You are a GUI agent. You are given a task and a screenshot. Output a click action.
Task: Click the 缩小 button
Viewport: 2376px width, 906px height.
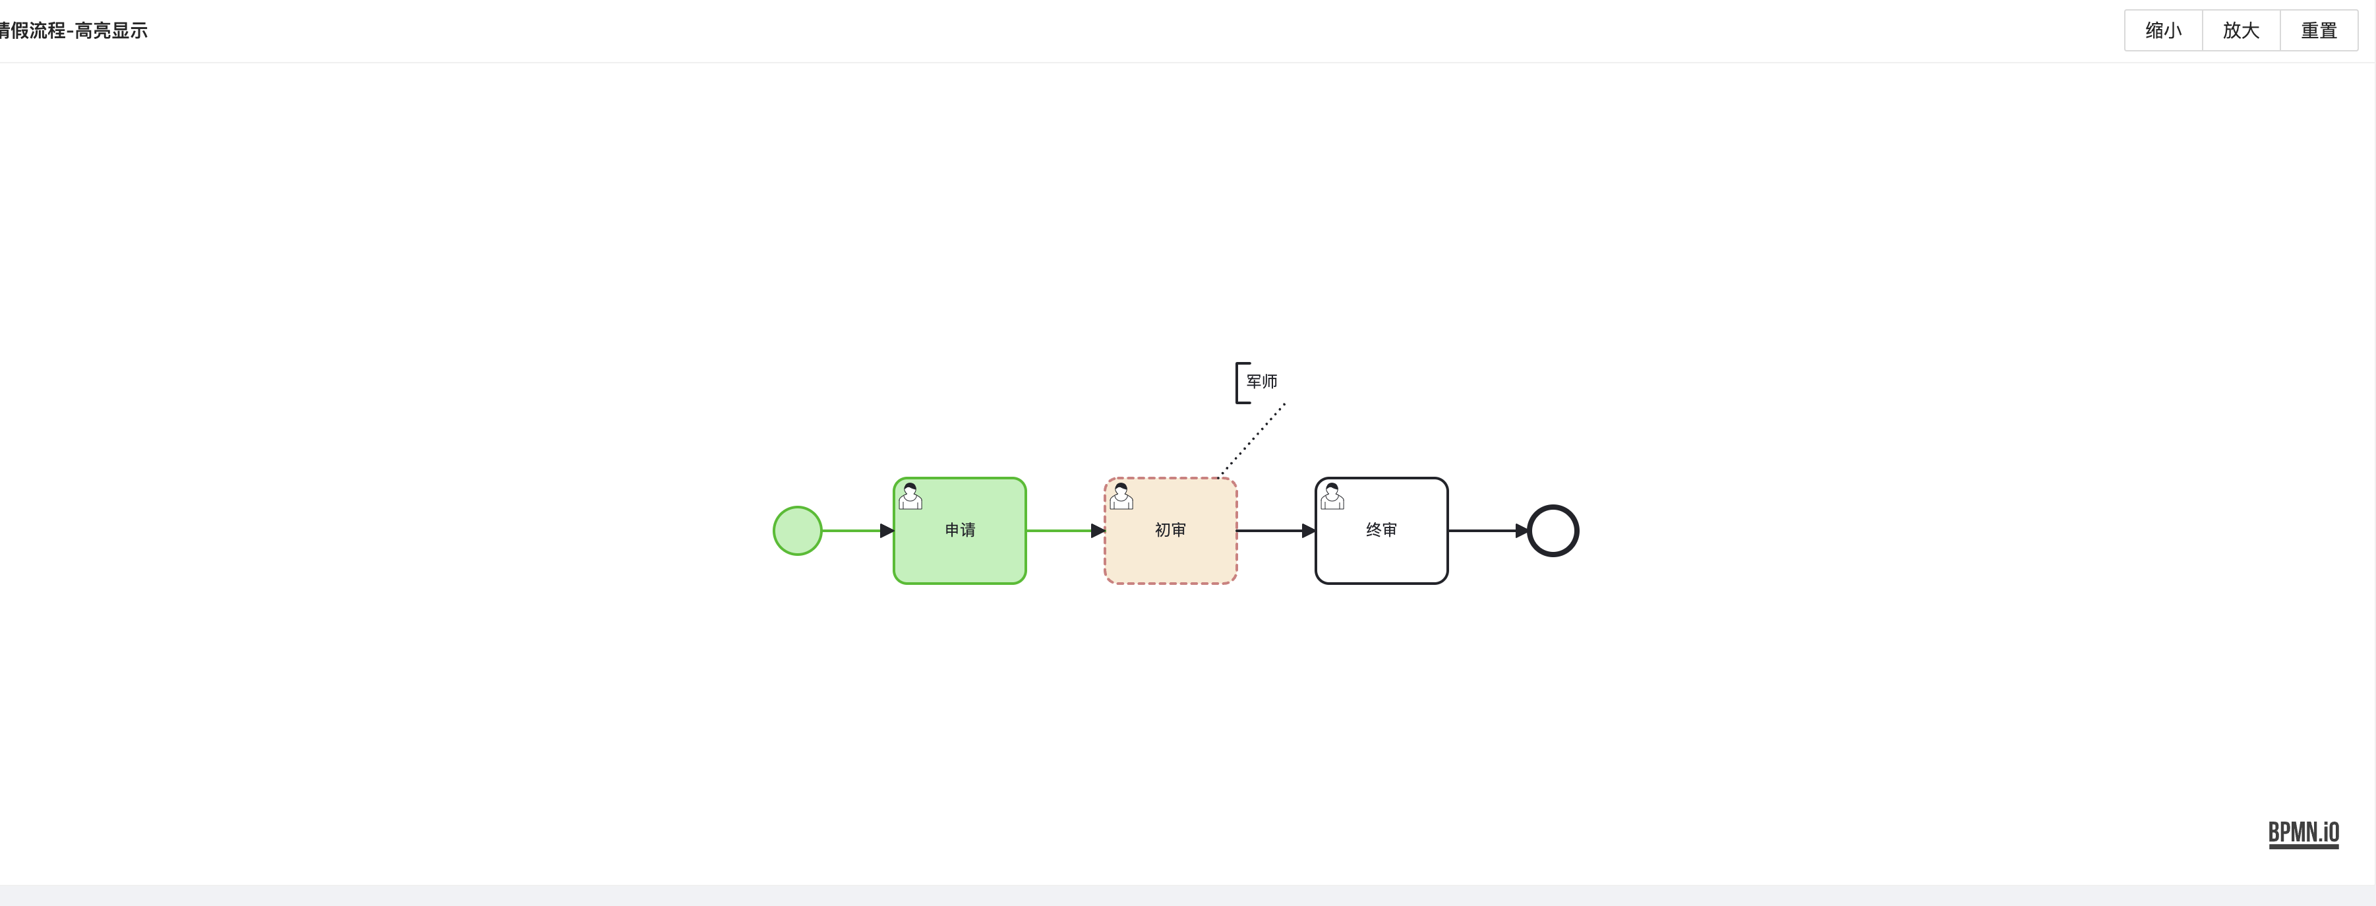pyautogui.click(x=2163, y=30)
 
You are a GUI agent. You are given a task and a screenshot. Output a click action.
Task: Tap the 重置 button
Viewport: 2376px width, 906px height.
pyautogui.click(x=2318, y=30)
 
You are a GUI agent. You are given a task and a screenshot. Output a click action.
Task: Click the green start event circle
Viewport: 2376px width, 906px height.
pyautogui.click(x=797, y=531)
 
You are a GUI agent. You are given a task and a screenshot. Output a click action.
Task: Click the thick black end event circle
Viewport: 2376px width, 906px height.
pyautogui.click(x=1553, y=531)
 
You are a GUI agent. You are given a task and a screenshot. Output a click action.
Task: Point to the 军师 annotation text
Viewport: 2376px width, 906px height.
pyautogui.click(x=1262, y=381)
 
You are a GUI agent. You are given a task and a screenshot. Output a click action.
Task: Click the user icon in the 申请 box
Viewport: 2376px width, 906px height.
pyautogui.click(x=910, y=497)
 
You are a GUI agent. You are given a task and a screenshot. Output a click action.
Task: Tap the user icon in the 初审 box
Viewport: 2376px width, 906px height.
pyautogui.click(x=1121, y=497)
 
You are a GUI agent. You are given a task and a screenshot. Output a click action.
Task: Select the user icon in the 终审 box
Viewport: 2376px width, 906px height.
pyautogui.click(x=1332, y=497)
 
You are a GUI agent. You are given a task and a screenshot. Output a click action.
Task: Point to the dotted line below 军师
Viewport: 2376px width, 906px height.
pyautogui.click(x=1253, y=440)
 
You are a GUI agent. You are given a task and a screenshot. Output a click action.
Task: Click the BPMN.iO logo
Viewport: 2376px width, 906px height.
pyautogui.click(x=2303, y=832)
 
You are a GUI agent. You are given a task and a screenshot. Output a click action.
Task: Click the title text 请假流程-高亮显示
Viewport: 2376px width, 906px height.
pyautogui.click(x=74, y=30)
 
